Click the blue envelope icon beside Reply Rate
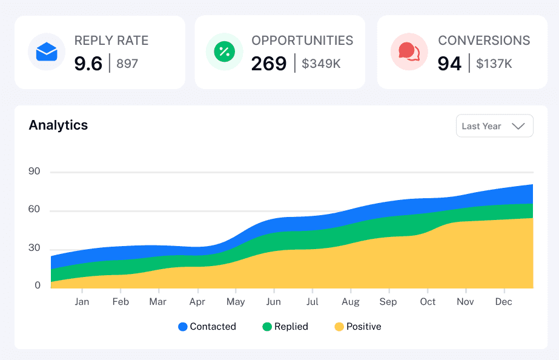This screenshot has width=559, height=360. tap(47, 52)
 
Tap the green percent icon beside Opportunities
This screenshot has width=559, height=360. tap(224, 52)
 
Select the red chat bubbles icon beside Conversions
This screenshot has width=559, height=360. tap(409, 52)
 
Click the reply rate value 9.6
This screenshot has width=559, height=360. tap(88, 64)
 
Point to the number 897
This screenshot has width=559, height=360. tap(127, 64)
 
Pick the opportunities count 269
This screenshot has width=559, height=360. tap(269, 64)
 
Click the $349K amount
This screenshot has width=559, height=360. tap(321, 64)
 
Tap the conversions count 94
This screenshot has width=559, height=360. tap(449, 64)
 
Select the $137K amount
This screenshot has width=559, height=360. tap(494, 64)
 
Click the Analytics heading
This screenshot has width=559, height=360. tap(58, 125)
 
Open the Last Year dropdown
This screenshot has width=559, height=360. tap(494, 126)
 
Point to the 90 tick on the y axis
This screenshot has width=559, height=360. tap(34, 172)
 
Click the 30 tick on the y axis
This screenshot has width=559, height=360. tap(34, 248)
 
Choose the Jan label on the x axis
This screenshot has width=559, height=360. tap(82, 302)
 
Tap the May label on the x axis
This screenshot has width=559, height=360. tap(236, 302)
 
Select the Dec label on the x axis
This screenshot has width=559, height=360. tap(504, 302)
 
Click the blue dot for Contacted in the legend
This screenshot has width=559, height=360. tap(183, 327)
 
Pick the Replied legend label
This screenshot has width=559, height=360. tap(291, 327)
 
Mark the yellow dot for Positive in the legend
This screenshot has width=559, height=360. tap(339, 327)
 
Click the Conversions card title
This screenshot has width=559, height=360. tap(484, 41)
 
